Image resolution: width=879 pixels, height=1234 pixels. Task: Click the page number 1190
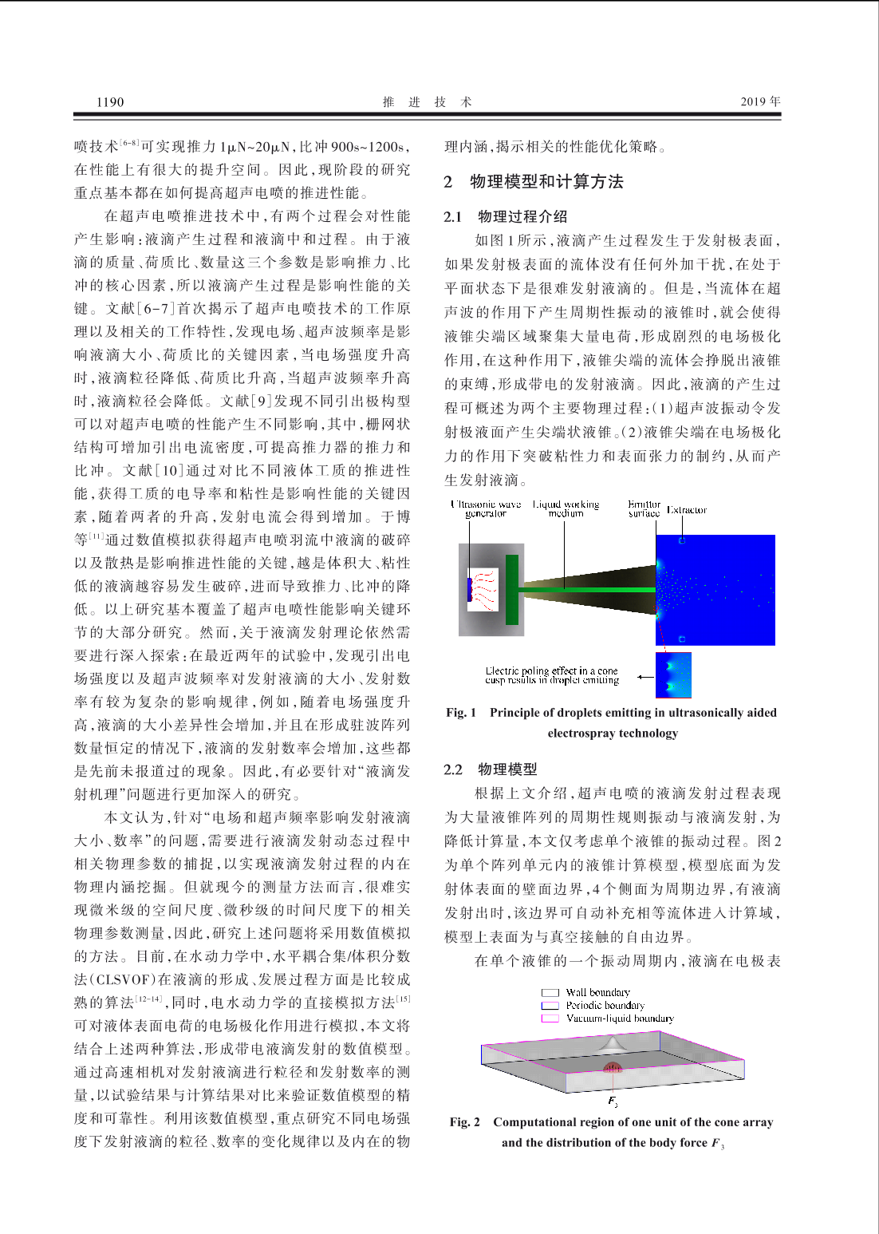tap(110, 101)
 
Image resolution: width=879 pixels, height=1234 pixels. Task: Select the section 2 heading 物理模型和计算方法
tap(546, 182)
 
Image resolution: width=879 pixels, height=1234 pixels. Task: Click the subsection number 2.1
tap(453, 216)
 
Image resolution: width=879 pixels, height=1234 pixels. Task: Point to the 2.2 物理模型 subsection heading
tap(491, 769)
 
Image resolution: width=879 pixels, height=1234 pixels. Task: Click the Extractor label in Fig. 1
tap(687, 510)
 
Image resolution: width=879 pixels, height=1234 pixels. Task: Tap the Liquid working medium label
tap(566, 509)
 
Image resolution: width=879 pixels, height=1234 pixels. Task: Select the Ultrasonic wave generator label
tap(485, 509)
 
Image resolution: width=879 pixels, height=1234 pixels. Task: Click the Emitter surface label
tap(644, 509)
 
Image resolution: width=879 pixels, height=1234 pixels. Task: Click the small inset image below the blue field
tap(673, 674)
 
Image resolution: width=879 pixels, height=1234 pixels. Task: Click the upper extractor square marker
tap(682, 541)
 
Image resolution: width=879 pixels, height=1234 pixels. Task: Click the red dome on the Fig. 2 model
tap(613, 1066)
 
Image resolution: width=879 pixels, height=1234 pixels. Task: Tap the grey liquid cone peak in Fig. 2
tap(613, 1041)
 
